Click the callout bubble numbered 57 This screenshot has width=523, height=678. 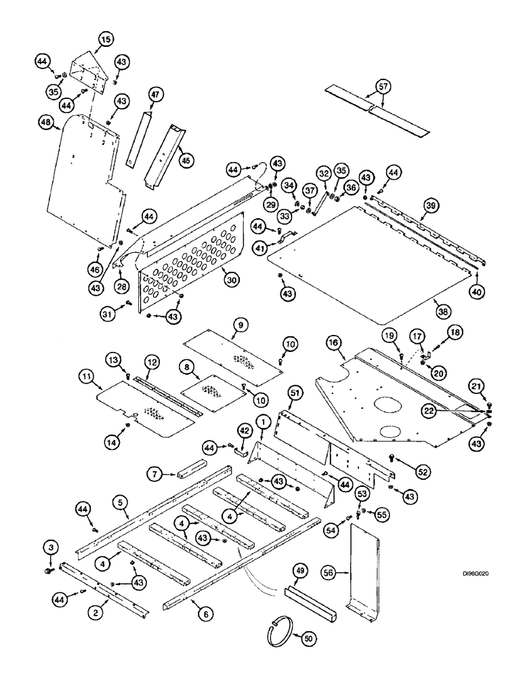pos(383,86)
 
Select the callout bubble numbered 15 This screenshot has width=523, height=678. pos(105,40)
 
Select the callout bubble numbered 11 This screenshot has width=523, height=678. pos(86,374)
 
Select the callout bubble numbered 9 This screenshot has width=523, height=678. pos(239,325)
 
